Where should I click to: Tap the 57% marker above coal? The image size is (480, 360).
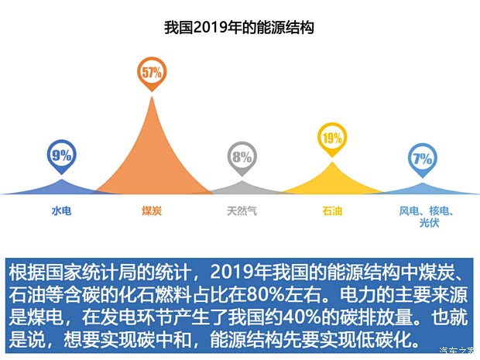(151, 73)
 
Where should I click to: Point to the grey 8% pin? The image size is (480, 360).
(242, 156)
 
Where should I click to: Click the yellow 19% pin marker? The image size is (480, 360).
(331, 139)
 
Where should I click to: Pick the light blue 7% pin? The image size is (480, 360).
(423, 159)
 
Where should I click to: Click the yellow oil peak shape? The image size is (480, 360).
(332, 183)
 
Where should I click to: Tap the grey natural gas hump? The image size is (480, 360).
(242, 188)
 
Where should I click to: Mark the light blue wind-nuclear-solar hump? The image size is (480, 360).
(423, 189)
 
